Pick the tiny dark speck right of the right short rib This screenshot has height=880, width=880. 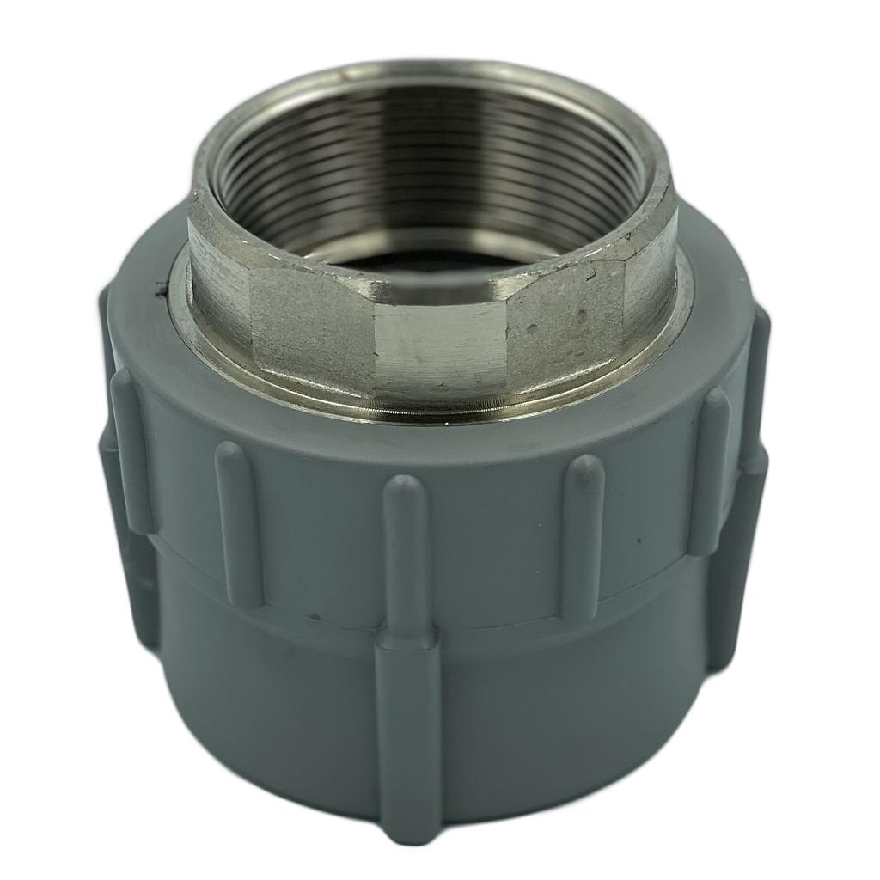pos(638,541)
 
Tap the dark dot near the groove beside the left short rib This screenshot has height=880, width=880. pos(315,616)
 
